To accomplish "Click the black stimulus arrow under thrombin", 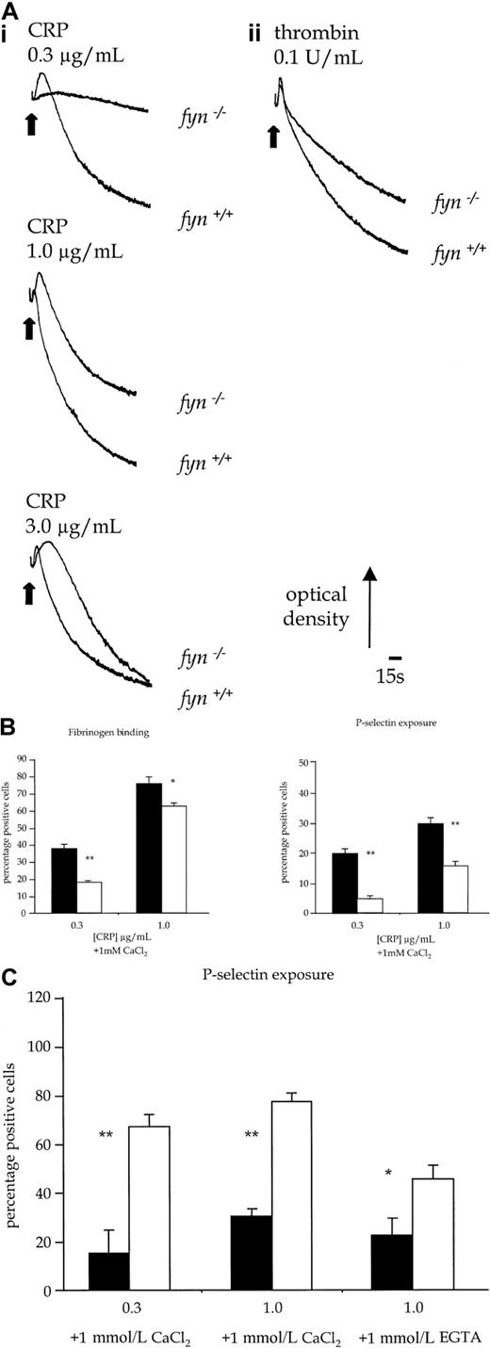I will pyautogui.click(x=273, y=135).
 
